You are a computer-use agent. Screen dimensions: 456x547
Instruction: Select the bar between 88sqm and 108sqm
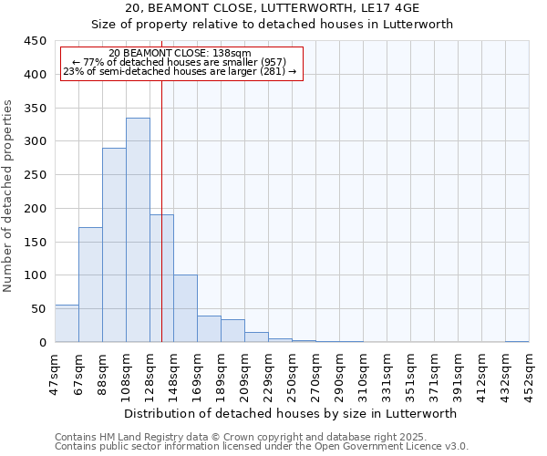pos(114,245)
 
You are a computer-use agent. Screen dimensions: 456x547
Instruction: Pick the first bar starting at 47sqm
pos(67,324)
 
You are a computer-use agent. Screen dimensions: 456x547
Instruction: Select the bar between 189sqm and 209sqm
pos(232,331)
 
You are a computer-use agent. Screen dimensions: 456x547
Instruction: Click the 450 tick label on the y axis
pos(36,41)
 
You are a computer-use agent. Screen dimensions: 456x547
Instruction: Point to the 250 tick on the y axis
pos(36,175)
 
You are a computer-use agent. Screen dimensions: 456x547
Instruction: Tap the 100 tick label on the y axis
pos(36,275)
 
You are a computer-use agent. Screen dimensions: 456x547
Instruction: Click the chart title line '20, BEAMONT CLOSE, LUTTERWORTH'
pos(273,8)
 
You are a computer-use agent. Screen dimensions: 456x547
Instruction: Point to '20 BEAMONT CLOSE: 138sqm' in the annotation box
pos(180,53)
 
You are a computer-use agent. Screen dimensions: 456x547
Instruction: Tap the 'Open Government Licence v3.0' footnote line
pos(262,447)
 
